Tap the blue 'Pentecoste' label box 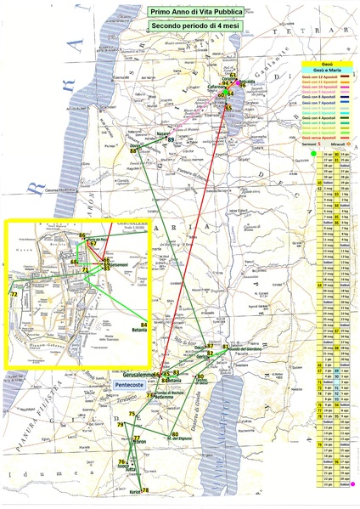tap(132, 384)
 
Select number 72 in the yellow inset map tap(14, 294)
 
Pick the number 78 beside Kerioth tap(145, 490)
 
